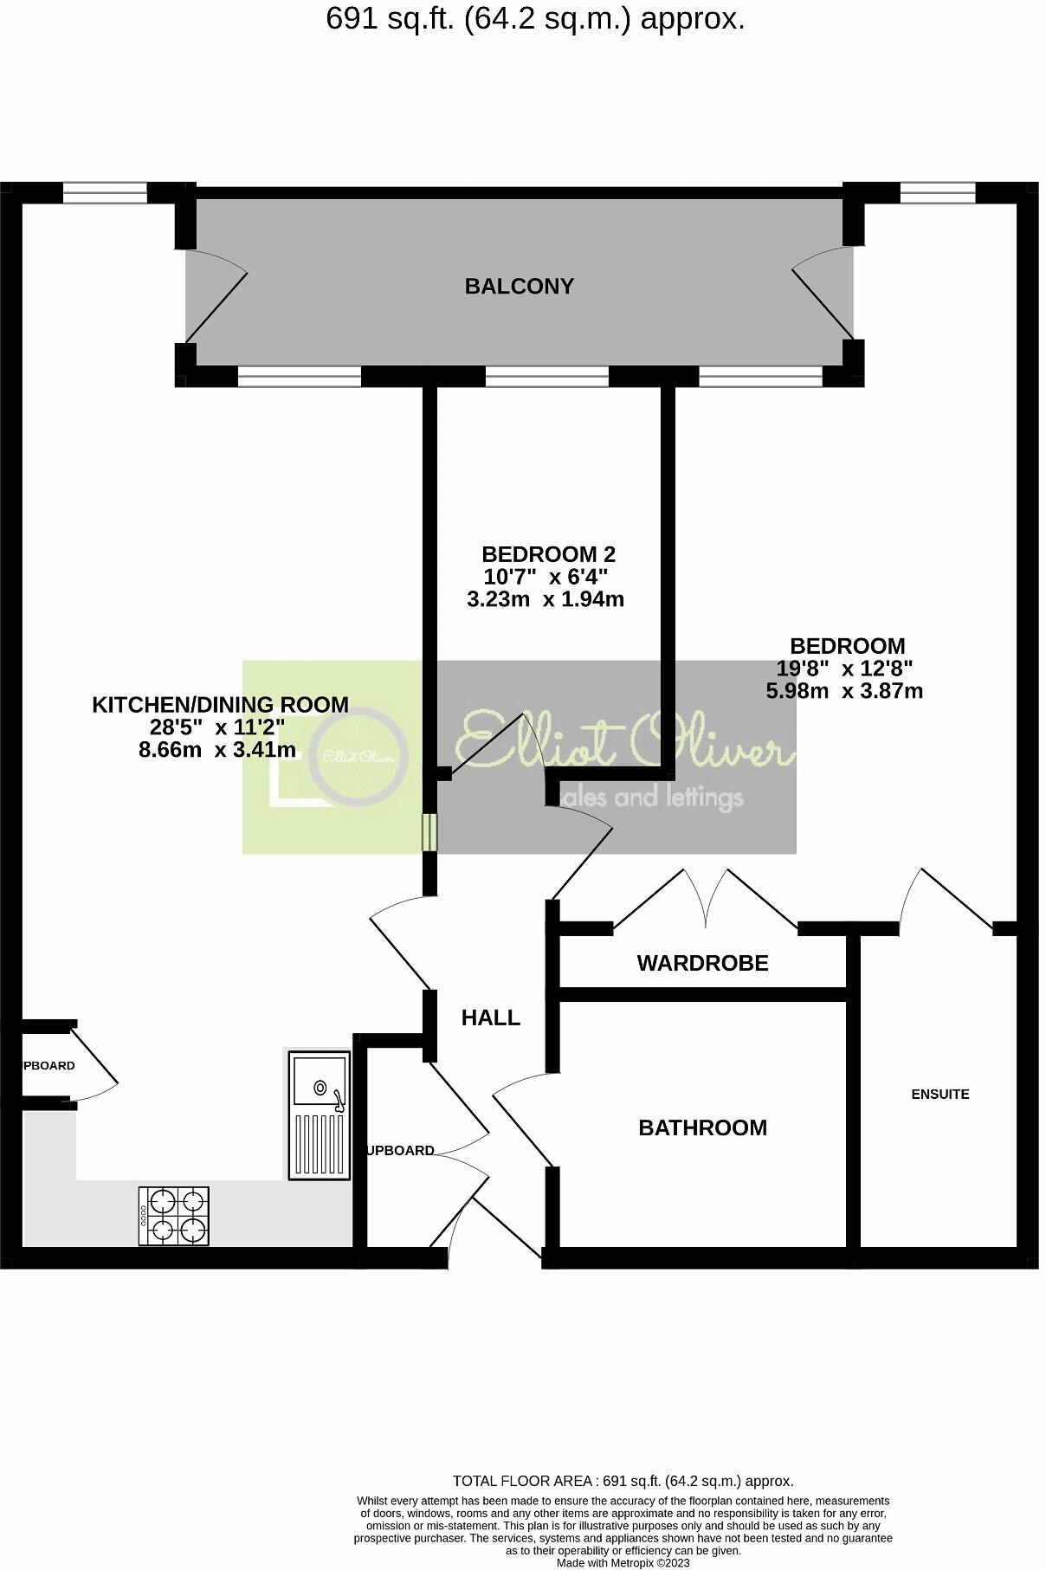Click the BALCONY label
pyautogui.click(x=519, y=286)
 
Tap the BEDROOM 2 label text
pyautogui.click(x=547, y=553)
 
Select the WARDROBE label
pyautogui.click(x=702, y=962)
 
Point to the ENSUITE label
pyautogui.click(x=939, y=1094)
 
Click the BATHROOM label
pyautogui.click(x=702, y=1127)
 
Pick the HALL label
pyautogui.click(x=490, y=1018)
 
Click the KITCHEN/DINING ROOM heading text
pyautogui.click(x=220, y=705)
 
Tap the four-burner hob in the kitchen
pyautogui.click(x=174, y=1215)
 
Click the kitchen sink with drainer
pyautogui.click(x=320, y=1115)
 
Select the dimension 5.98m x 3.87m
pyautogui.click(x=844, y=691)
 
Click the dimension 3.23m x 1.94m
pyautogui.click(x=545, y=598)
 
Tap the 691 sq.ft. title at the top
pyautogui.click(x=535, y=19)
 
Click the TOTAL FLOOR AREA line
pyautogui.click(x=623, y=1481)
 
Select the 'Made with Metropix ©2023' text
pyautogui.click(x=623, y=1563)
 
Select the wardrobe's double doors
pyautogui.click(x=707, y=901)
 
